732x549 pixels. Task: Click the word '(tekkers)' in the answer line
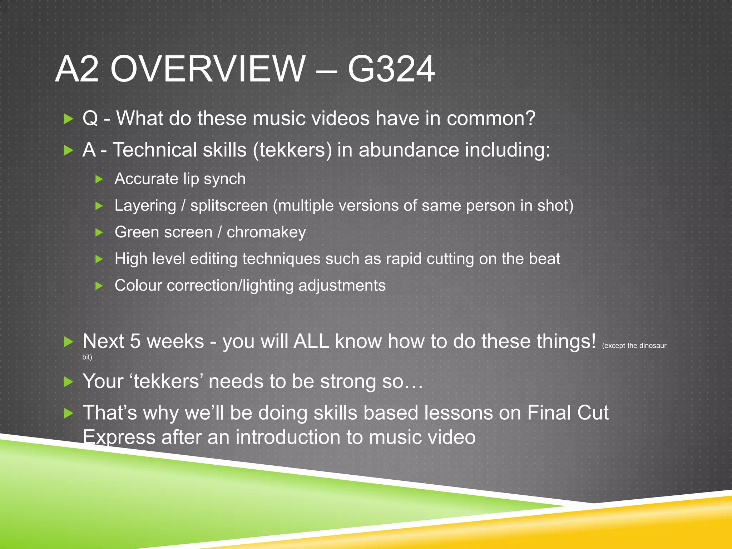point(292,150)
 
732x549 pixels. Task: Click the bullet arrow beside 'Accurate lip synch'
point(99,179)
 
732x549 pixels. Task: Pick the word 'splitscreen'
point(229,206)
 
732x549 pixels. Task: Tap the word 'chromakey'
point(266,232)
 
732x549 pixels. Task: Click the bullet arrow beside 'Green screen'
point(99,233)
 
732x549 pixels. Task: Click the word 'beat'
point(544,259)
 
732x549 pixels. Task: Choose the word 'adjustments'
point(342,286)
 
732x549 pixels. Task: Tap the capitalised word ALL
point(311,341)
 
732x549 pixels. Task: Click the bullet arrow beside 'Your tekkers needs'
point(68,382)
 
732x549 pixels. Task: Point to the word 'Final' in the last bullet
point(549,413)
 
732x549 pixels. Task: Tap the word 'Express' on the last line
point(119,437)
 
